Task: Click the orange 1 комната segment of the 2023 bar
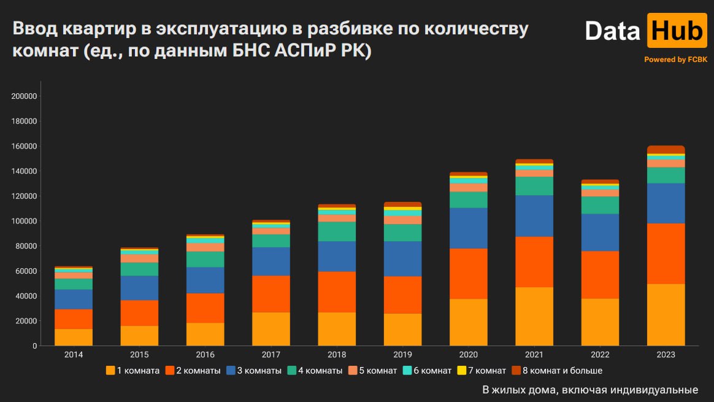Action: [666, 315]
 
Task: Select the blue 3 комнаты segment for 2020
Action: [469, 228]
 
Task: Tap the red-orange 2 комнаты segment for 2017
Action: [271, 294]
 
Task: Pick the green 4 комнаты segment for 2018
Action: [337, 231]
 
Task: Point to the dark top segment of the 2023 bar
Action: [666, 150]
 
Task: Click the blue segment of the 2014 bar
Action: [74, 300]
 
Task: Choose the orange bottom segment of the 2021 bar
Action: [534, 317]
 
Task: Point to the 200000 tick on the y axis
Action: [25, 96]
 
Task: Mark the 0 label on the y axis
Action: [36, 346]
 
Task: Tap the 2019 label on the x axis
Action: [402, 355]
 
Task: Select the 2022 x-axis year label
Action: [600, 355]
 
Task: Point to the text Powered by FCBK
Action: [675, 60]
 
